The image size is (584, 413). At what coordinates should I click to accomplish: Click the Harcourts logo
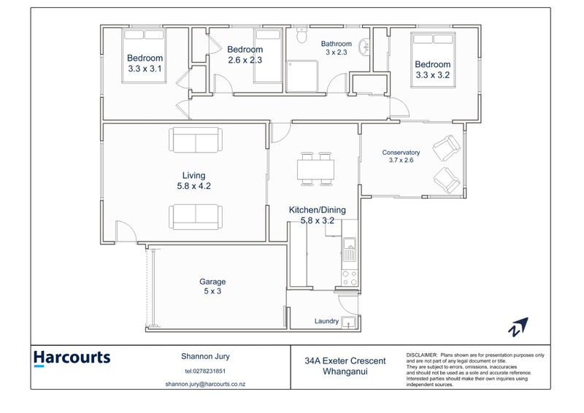(72, 358)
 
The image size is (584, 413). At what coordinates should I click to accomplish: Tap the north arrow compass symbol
(519, 328)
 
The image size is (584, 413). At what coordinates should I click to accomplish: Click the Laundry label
(326, 321)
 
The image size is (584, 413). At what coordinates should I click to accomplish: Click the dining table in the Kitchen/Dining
(316, 170)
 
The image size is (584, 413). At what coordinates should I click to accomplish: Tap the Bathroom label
(337, 43)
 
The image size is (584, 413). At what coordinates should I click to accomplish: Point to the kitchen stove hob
(349, 278)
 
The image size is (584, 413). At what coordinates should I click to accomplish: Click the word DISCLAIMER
(421, 354)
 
